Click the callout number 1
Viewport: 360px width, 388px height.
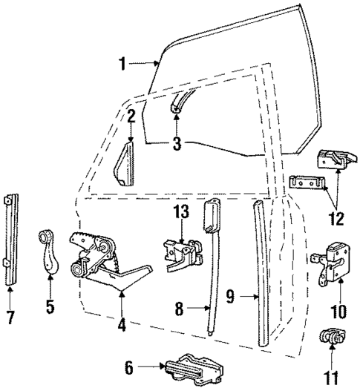[x=123, y=64]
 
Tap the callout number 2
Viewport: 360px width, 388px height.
[x=130, y=116]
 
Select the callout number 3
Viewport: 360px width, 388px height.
[x=176, y=144]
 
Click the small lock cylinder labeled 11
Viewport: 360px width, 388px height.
[x=329, y=337]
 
